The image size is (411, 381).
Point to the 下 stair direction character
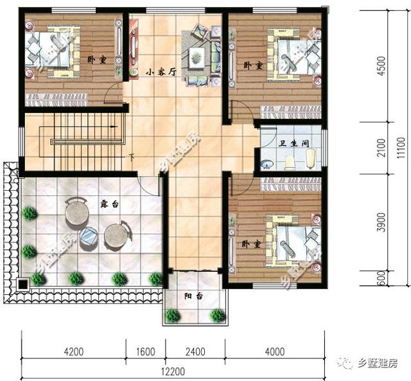pyautogui.click(x=132, y=157)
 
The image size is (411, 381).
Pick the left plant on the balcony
pyautogui.click(x=172, y=315)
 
